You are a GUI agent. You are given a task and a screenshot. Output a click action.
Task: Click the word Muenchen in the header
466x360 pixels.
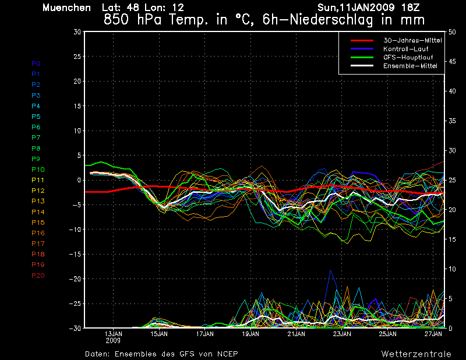66,8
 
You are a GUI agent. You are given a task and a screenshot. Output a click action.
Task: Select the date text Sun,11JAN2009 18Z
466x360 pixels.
369,8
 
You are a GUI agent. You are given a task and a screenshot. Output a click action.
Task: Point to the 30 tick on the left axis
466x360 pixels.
77,32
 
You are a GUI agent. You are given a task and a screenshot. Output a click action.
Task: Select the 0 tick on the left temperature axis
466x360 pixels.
79,181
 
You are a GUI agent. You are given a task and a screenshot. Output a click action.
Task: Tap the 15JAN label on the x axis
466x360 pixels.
159,334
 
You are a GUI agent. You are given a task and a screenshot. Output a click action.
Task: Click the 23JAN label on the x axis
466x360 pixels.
342,334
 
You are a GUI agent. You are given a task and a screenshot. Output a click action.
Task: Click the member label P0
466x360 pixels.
36,63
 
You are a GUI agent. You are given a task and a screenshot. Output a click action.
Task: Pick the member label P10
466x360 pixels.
38,170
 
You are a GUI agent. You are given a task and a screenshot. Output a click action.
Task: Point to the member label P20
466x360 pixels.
38,275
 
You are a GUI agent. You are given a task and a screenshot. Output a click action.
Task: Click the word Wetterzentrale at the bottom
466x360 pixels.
416,354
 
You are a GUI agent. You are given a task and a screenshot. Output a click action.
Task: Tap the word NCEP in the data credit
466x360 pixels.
227,354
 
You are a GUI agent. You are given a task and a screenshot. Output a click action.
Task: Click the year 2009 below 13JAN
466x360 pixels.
113,341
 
